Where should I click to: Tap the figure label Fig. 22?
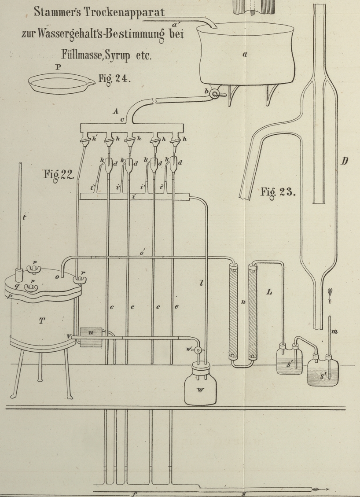(59, 174)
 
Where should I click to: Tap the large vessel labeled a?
(245, 55)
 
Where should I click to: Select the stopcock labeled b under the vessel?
(215, 94)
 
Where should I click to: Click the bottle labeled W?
(200, 387)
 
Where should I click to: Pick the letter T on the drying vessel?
(42, 321)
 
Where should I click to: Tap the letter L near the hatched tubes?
(270, 292)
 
